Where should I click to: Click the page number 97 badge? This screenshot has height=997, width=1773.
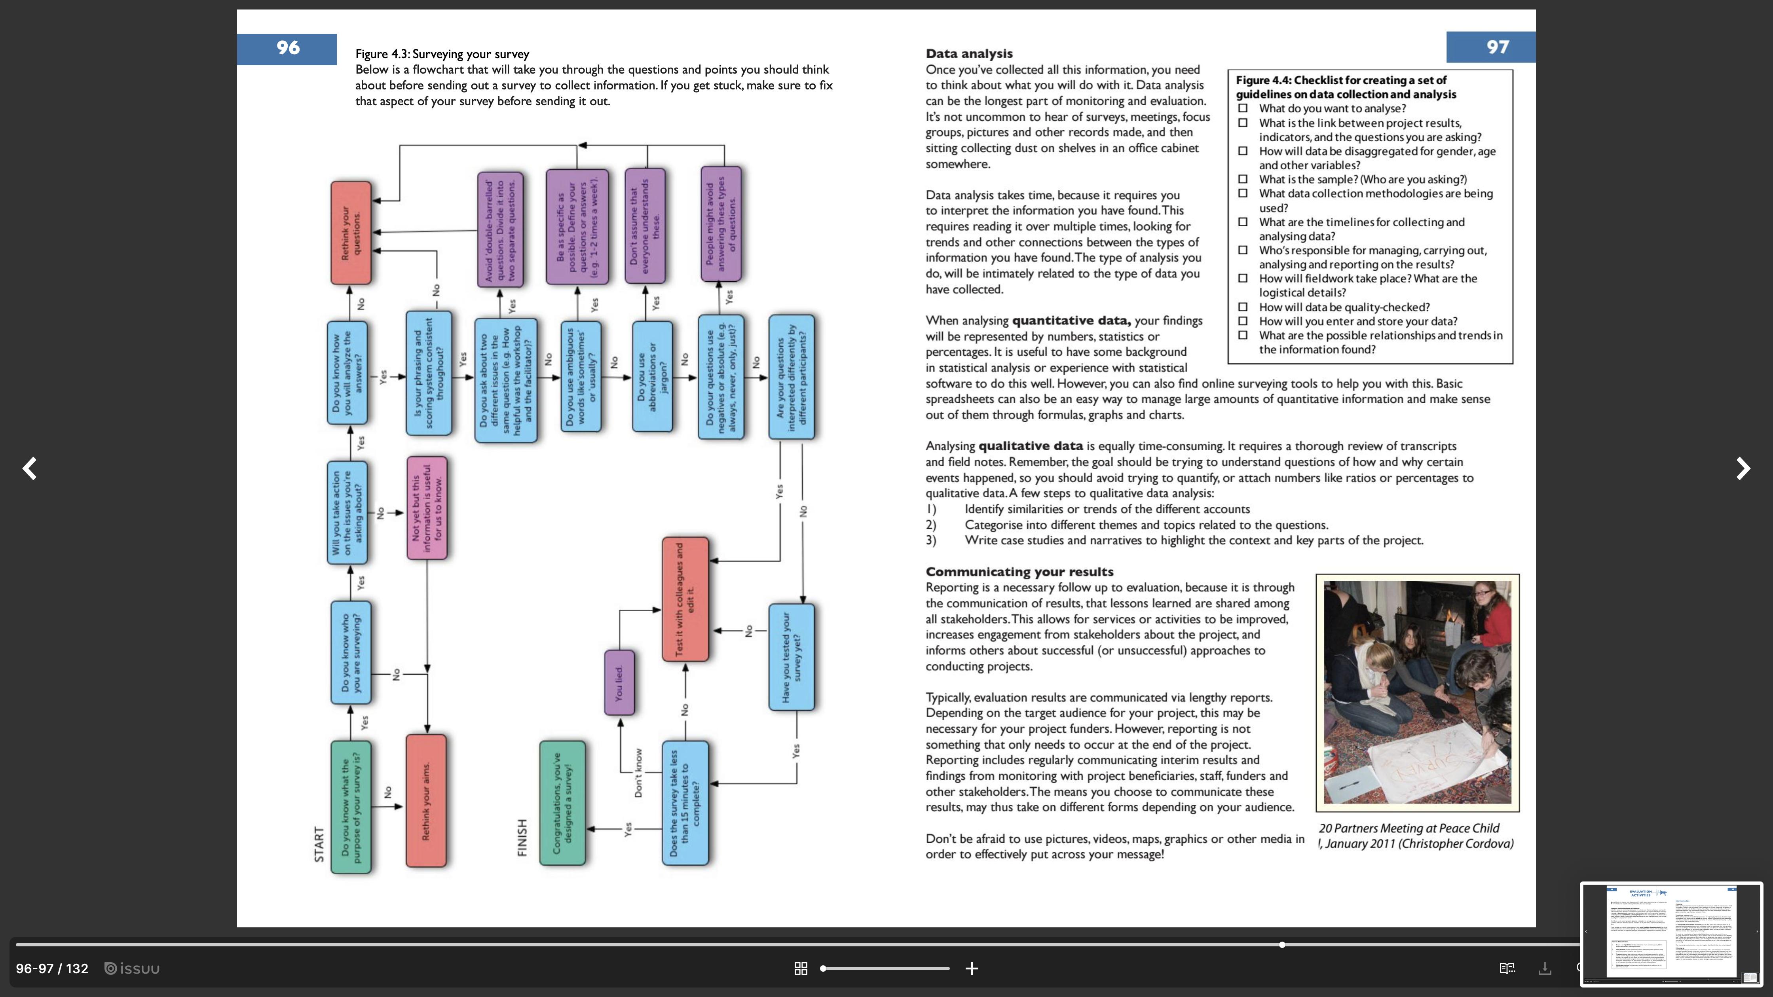1497,47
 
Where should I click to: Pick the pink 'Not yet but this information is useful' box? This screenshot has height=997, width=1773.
427,508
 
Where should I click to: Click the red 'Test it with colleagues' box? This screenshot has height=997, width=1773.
685,599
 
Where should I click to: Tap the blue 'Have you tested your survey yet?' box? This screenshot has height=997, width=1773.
792,657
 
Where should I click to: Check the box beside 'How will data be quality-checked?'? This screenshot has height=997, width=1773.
1242,307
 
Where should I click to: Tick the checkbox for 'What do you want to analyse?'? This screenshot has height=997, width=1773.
1242,108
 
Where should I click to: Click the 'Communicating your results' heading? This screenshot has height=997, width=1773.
1019,572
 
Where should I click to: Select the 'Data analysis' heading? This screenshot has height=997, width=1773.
968,54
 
